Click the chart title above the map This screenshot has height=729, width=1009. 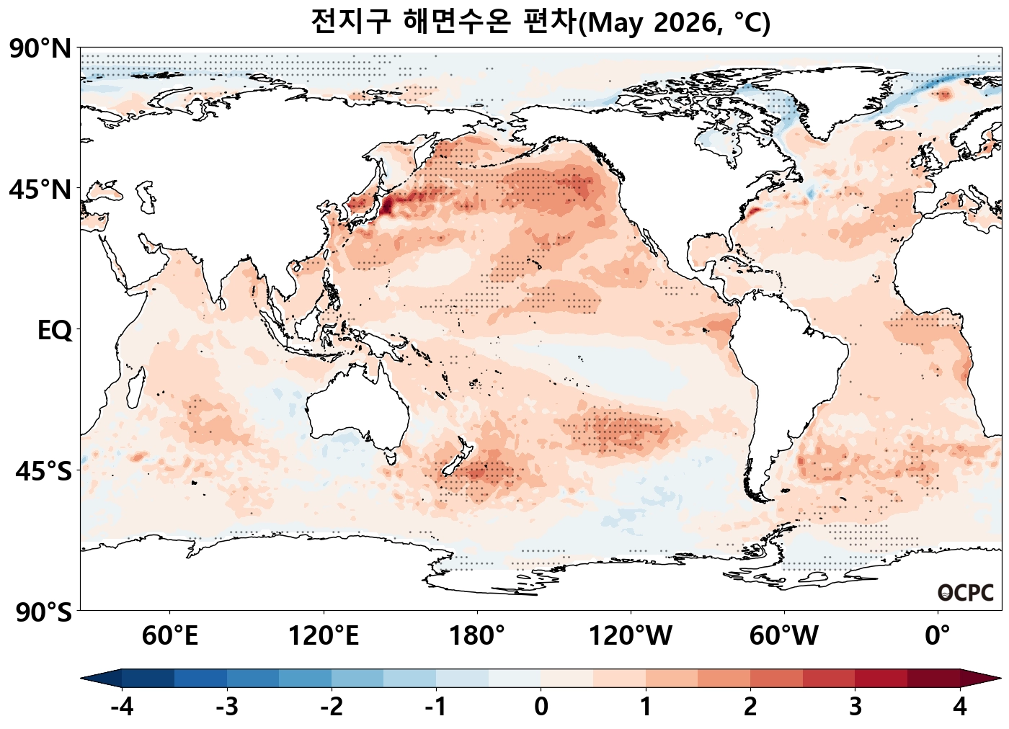[x=541, y=22]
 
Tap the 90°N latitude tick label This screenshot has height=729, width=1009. [x=40, y=50]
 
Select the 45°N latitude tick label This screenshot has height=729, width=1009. [x=40, y=190]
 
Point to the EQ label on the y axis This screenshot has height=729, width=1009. [x=55, y=331]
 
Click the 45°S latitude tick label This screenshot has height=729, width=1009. [x=43, y=472]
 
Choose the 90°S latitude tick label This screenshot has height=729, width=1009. [x=43, y=612]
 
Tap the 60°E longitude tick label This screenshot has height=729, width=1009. [x=170, y=636]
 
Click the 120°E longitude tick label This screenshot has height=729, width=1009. [x=324, y=636]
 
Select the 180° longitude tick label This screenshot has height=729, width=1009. [x=477, y=636]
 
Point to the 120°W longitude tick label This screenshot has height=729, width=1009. [x=631, y=636]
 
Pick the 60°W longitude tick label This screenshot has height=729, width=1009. [x=784, y=636]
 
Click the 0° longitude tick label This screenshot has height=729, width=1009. [x=938, y=636]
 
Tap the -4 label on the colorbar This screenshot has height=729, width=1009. [x=122, y=707]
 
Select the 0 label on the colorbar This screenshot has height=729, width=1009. [x=541, y=707]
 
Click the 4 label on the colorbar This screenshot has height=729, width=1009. [x=960, y=707]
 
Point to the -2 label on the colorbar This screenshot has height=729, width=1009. [x=332, y=707]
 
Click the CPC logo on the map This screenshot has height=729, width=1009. [x=966, y=593]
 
